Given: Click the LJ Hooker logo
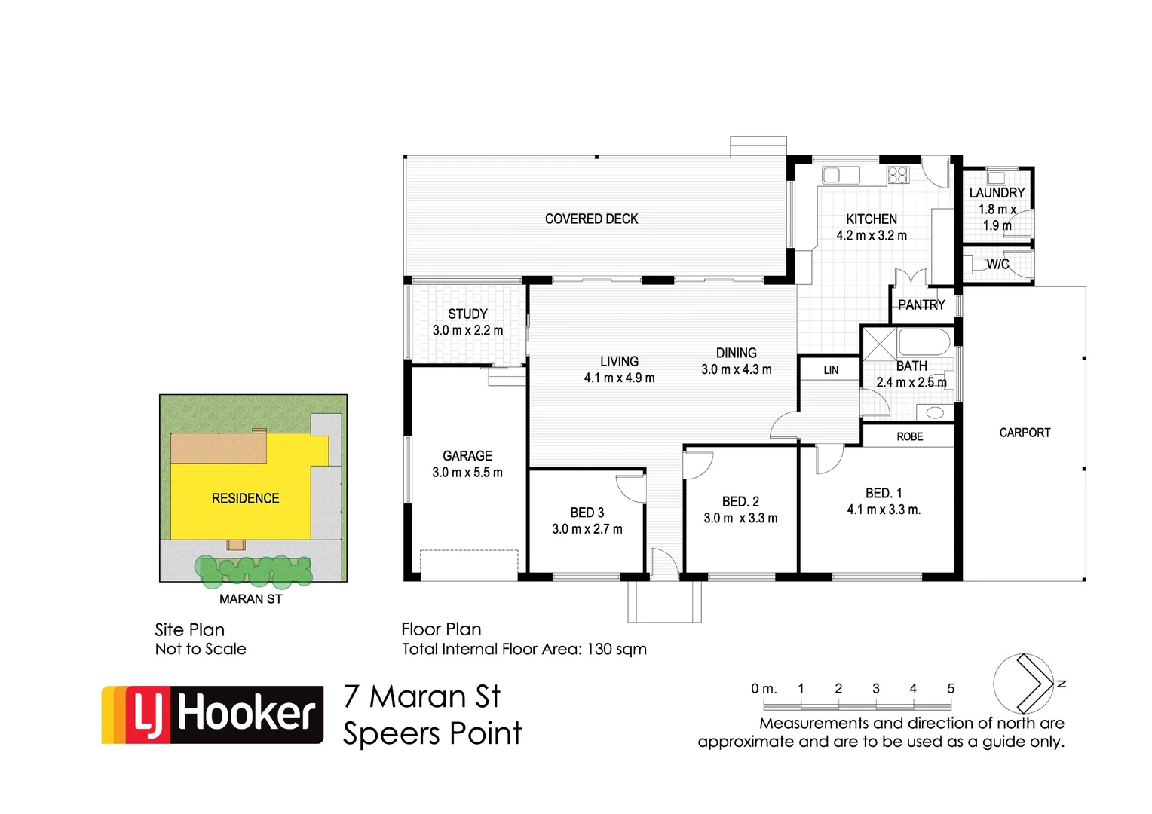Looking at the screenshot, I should (213, 715).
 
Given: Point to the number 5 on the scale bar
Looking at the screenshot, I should (951, 688).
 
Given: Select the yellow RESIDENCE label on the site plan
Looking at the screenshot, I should (245, 498).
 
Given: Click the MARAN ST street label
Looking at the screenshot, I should (250, 599).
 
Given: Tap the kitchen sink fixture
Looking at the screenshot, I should (840, 175).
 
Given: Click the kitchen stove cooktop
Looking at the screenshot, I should (898, 175).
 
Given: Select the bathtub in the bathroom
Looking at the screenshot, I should (924, 341).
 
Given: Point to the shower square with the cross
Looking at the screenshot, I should (879, 343).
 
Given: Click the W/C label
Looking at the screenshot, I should (997, 265).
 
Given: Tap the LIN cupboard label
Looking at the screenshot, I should (831, 370).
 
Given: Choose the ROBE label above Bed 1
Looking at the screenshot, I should (910, 436).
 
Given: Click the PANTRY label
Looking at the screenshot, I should (921, 305).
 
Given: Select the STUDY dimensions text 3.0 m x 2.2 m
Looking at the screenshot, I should (467, 330).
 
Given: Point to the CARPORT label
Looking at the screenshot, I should (1025, 433).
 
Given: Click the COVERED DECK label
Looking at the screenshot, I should (591, 219).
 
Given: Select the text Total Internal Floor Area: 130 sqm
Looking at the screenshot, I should (524, 649).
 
